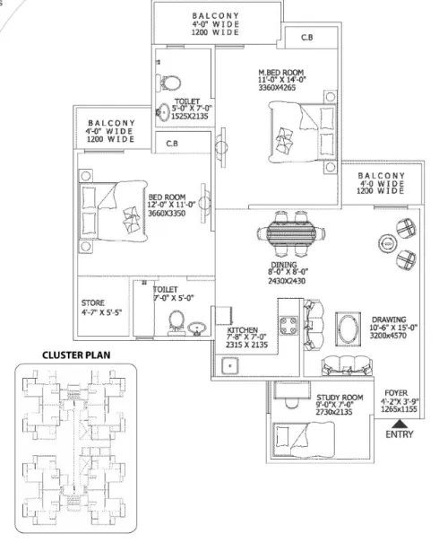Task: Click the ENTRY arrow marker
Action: coord(400,424)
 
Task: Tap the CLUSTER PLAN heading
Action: coord(76,355)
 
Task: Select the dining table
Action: coord(292,234)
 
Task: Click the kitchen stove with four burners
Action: coord(288,326)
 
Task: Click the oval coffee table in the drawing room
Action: coord(349,329)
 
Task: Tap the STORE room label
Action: coord(93,303)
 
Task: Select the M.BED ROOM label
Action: coord(281,73)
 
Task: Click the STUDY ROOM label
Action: coord(340,398)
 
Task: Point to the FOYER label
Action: coord(396,393)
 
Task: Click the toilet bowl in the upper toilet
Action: coord(170,83)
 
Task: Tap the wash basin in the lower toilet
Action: coord(197,328)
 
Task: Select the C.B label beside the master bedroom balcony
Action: coord(307,37)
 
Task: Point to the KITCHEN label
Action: coord(242,330)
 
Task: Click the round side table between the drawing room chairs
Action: coord(387,244)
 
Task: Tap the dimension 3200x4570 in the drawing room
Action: coord(388,335)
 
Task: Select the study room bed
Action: coord(305,440)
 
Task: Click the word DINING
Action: coord(283,265)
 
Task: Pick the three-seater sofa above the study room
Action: coord(347,366)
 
